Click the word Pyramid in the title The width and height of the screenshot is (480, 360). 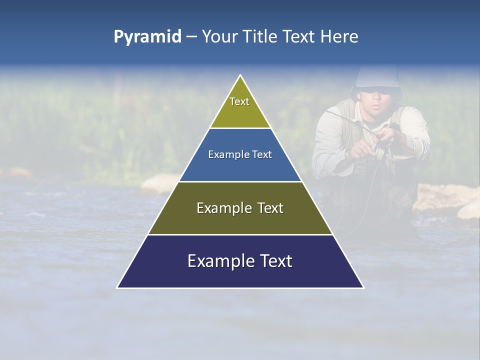(x=147, y=37)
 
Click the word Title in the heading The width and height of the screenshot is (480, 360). (x=259, y=36)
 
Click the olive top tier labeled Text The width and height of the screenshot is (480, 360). (x=240, y=107)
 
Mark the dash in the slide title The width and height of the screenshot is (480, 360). (x=191, y=37)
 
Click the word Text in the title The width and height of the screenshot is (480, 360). (x=299, y=36)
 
